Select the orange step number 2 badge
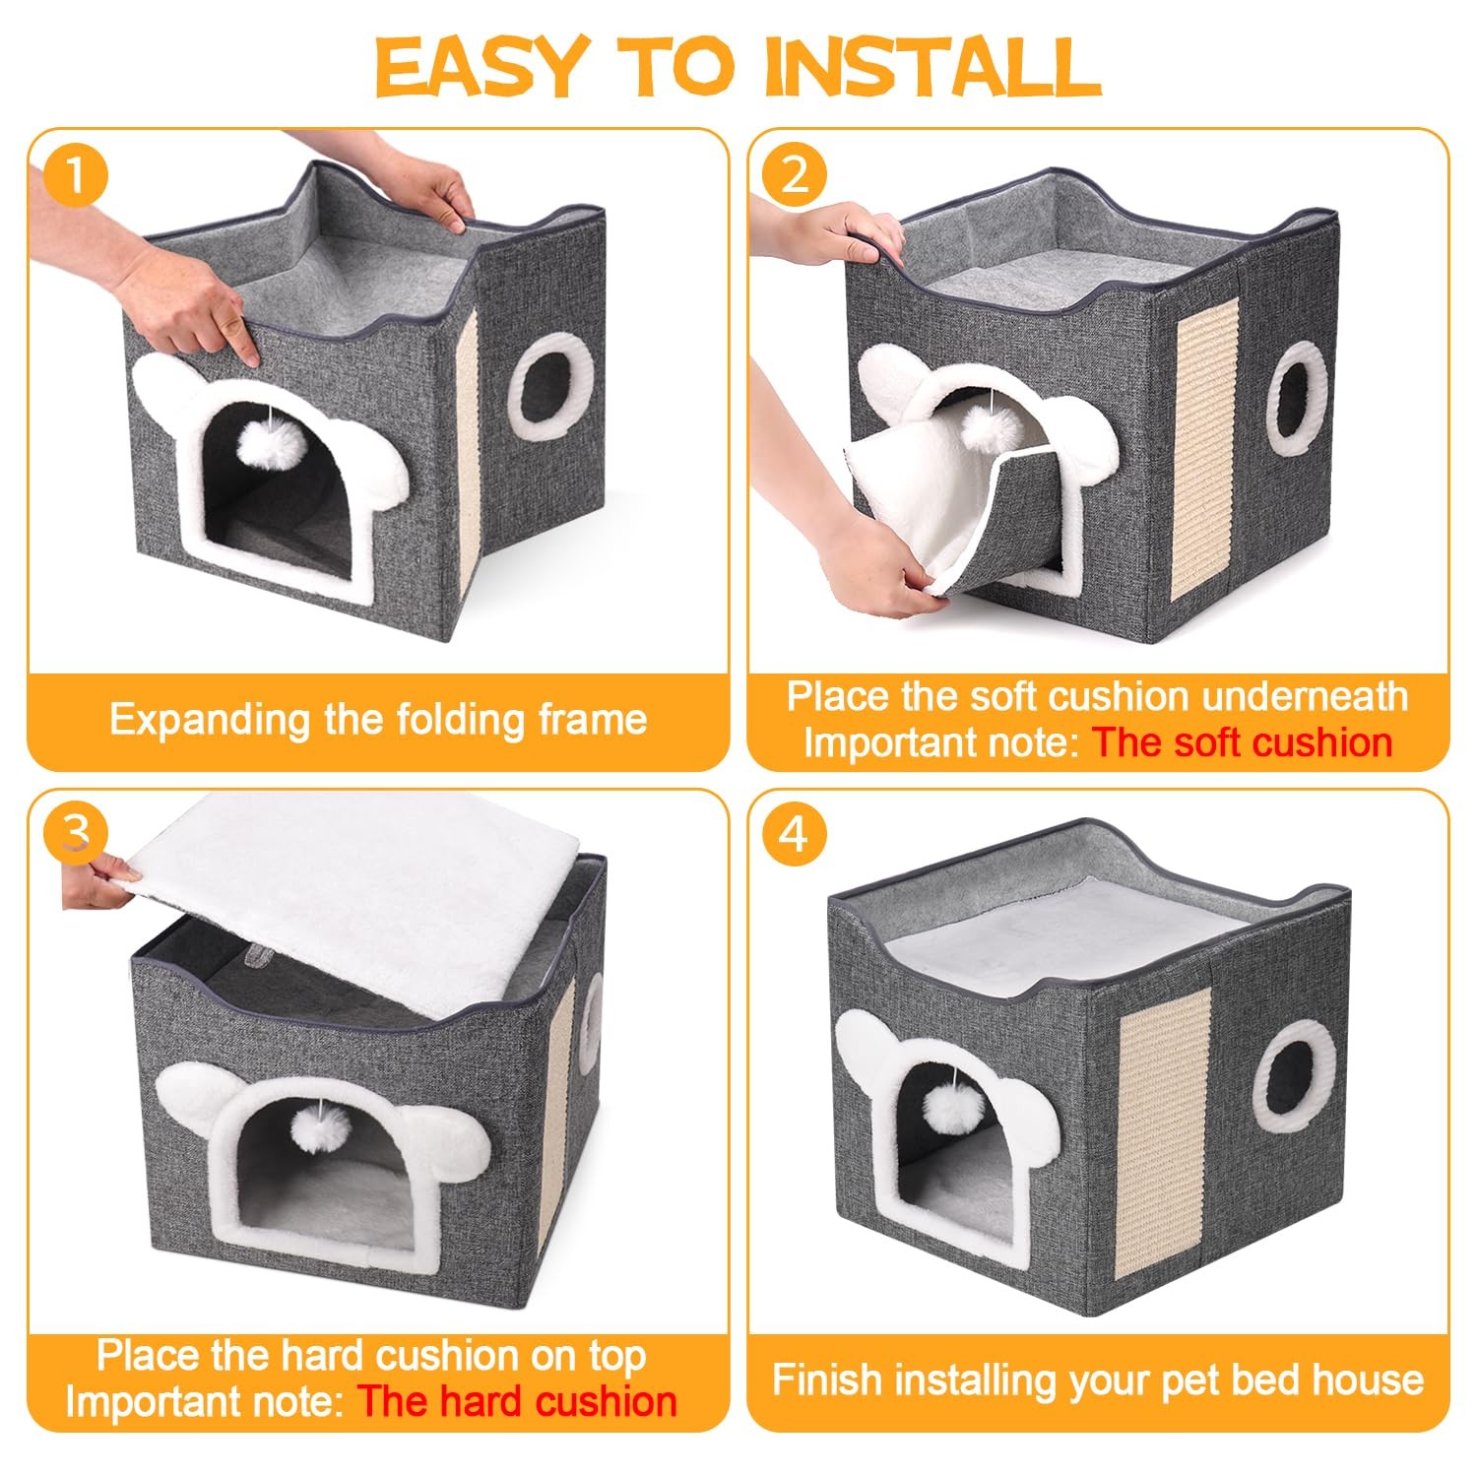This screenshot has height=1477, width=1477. coord(795,176)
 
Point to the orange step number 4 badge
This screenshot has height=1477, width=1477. coord(795,833)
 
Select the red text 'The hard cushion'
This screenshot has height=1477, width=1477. coord(517,1401)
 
